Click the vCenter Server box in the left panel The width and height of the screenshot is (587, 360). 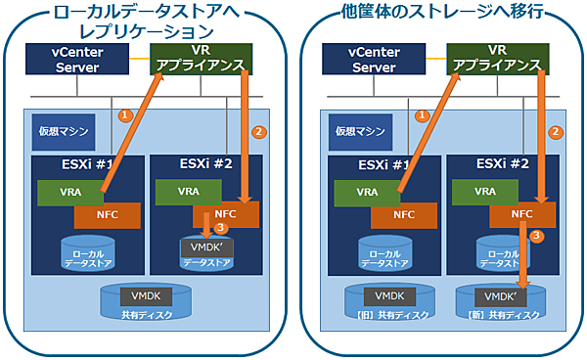tap(77, 60)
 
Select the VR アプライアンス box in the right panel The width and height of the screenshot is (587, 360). tap(498, 58)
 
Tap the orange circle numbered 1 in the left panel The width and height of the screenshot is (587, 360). tap(123, 114)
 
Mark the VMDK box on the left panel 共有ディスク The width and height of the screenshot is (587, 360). tap(140, 294)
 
